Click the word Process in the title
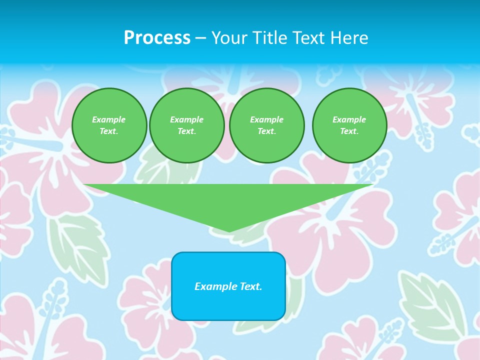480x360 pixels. pos(157,38)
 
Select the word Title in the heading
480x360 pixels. pos(269,38)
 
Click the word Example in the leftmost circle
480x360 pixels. pos(109,119)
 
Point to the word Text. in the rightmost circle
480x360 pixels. pos(349,131)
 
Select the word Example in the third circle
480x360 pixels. pos(266,119)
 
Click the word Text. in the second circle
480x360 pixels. pos(186,131)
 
